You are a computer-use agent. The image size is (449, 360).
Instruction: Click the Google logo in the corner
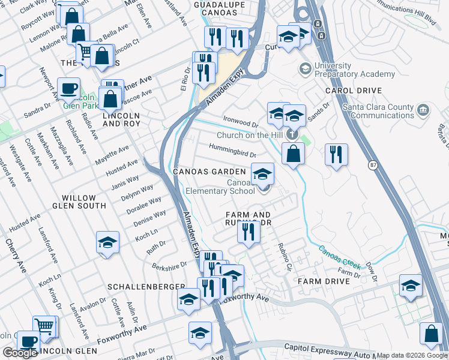click(x=20, y=353)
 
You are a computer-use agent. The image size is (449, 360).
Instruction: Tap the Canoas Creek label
click(x=339, y=257)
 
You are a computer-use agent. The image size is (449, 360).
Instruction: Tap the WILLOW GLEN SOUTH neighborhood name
click(x=83, y=202)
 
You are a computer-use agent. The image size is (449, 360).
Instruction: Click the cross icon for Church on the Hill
click(x=292, y=134)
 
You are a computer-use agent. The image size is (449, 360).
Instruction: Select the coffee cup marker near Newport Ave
click(x=68, y=89)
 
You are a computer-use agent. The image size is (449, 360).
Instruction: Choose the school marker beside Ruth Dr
click(x=108, y=243)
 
